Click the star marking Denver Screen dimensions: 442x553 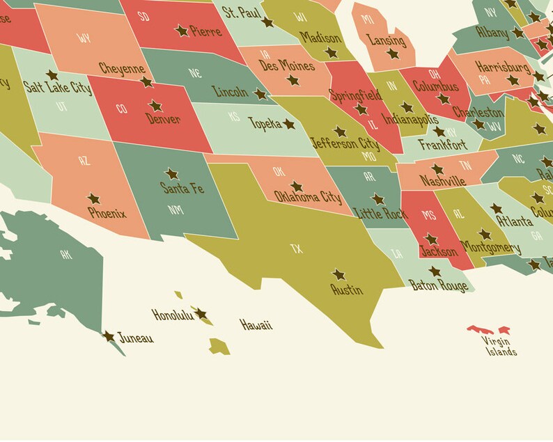coord(155,106)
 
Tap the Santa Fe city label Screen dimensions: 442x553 coord(182,188)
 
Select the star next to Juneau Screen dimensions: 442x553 coord(109,336)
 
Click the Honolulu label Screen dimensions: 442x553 coord(172,315)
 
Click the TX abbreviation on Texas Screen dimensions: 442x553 coord(297,248)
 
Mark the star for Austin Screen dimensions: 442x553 coord(338,275)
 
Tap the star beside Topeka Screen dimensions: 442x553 coord(288,124)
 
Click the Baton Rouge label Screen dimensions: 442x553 coord(439,285)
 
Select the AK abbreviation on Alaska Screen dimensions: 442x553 coord(66,255)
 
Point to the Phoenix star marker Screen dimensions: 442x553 coord(93,199)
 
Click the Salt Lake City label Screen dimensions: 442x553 coord(57,88)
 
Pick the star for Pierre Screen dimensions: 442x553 coord(181,31)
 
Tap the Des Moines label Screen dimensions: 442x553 coord(286,65)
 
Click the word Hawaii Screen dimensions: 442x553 coord(256,325)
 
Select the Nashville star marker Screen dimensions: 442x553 coord(437,169)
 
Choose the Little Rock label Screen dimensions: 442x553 coord(380,214)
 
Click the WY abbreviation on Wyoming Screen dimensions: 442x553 coord(84,38)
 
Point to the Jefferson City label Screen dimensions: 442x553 coord(345,144)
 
